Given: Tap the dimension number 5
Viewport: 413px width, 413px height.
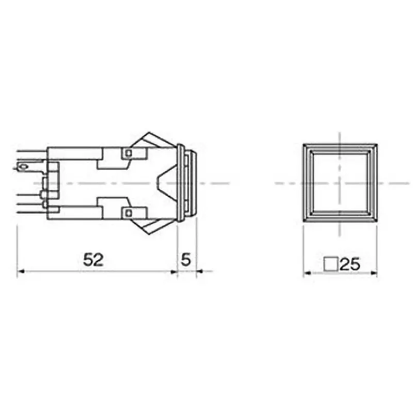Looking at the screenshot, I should click(x=186, y=260).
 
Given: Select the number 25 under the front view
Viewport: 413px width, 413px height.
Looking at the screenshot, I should click(x=350, y=264).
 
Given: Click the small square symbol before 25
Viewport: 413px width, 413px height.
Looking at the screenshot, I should click(x=331, y=264).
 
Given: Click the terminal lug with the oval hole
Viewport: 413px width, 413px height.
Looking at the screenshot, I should click(x=23, y=166).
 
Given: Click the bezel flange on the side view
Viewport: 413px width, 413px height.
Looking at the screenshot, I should click(x=180, y=183).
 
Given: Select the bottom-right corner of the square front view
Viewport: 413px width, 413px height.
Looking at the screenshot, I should click(x=377, y=222).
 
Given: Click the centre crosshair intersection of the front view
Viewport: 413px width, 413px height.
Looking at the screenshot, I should click(x=340, y=183).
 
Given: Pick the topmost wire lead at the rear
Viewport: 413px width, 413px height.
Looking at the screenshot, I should click(x=31, y=151).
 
